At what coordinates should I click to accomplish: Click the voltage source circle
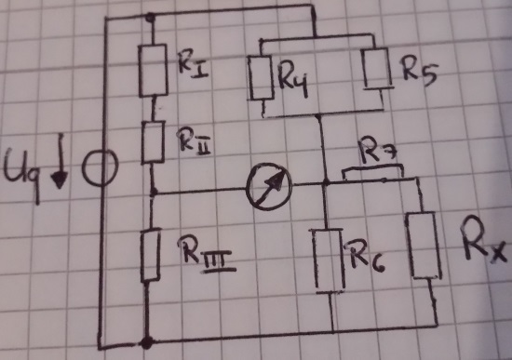[x=100, y=167]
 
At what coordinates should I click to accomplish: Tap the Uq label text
[x=21, y=173]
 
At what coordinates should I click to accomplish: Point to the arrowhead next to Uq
[x=59, y=180]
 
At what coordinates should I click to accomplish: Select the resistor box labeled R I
[x=153, y=71]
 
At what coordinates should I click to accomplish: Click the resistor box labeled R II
[x=153, y=141]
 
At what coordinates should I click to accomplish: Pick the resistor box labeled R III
[x=151, y=255]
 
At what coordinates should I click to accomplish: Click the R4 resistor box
[x=261, y=78]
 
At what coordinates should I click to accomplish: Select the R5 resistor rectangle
[x=377, y=68]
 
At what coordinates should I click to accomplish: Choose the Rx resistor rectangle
[x=424, y=246]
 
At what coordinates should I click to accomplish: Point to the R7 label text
[x=377, y=150]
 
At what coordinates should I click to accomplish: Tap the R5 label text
[x=419, y=72]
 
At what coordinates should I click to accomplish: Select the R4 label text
[x=293, y=79]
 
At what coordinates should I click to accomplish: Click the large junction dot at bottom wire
[x=146, y=342]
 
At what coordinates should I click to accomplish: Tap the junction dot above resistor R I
[x=150, y=17]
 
